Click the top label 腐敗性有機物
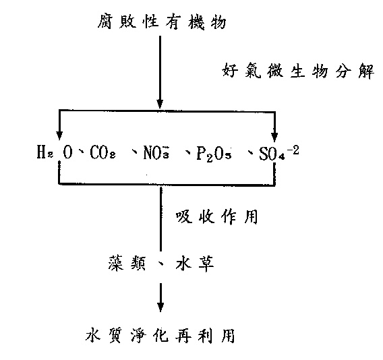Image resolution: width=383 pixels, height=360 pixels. click(x=162, y=22)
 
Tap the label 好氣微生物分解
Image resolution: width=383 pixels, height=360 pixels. click(x=298, y=71)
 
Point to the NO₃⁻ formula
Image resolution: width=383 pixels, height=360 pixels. click(x=156, y=152)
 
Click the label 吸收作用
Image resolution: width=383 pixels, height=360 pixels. click(x=216, y=217)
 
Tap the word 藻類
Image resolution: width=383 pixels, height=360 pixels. click(x=127, y=264)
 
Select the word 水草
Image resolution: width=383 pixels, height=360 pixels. click(x=195, y=264)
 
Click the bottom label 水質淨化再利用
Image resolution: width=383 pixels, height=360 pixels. click(x=160, y=335)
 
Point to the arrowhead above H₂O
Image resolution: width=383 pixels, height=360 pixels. click(x=59, y=135)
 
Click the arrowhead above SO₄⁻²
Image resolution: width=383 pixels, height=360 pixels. click(x=274, y=137)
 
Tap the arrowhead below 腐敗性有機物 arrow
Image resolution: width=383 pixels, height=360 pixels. click(x=160, y=104)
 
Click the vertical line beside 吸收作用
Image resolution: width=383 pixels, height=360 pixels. click(x=160, y=218)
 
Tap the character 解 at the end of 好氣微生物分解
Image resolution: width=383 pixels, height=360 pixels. click(x=366, y=71)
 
